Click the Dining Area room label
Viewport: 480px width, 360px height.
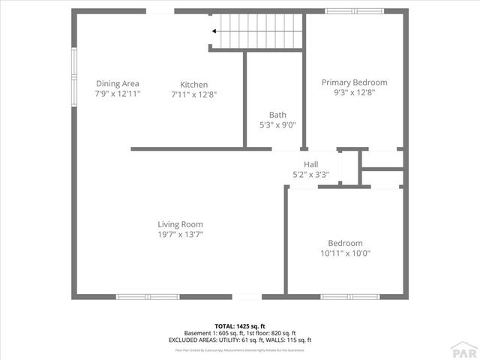pyautogui.click(x=118, y=83)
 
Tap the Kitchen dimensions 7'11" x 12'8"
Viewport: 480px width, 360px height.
pyautogui.click(x=193, y=94)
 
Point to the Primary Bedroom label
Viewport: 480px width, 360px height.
pyautogui.click(x=354, y=82)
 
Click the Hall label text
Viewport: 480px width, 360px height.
pyautogui.click(x=310, y=164)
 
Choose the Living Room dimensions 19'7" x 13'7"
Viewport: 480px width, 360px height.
pyautogui.click(x=180, y=234)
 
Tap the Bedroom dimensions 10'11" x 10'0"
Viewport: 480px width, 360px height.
pyautogui.click(x=345, y=253)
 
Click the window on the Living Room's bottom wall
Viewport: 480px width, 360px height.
pyautogui.click(x=147, y=297)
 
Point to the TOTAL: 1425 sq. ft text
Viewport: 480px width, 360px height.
pyautogui.click(x=240, y=325)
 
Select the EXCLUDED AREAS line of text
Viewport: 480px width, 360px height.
pyautogui.click(x=240, y=340)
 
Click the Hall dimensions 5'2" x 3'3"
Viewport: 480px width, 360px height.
pyautogui.click(x=310, y=175)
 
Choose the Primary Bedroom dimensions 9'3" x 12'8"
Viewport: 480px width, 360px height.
pyautogui.click(x=354, y=93)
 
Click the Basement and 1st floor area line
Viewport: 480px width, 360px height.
pyautogui.click(x=240, y=333)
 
